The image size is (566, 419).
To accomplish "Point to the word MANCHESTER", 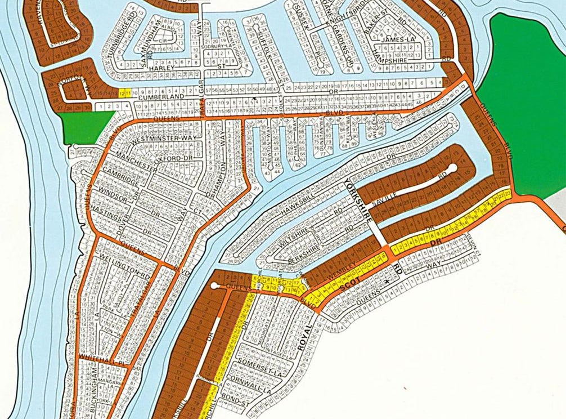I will (134, 160).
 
